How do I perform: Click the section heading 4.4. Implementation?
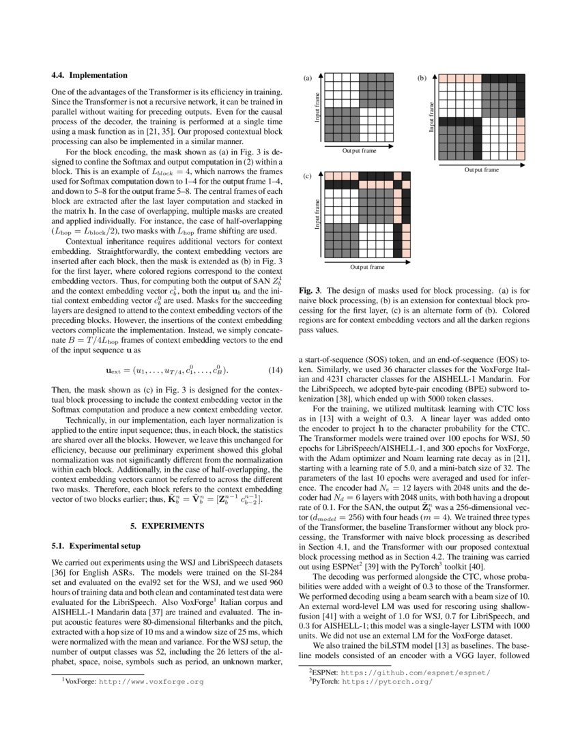point(89,75)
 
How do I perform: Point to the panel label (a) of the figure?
point(307,79)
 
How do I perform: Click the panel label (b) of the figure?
point(422,79)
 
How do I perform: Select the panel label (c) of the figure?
point(307,177)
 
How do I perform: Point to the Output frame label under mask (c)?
point(367,267)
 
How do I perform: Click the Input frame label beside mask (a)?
point(317,107)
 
